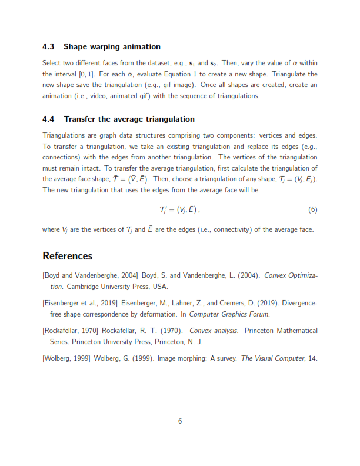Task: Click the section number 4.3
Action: pos(49,46)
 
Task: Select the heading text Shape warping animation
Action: pos(112,46)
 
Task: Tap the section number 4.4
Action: pos(49,119)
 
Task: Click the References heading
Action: pos(67,256)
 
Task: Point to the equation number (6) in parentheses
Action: pos(312,210)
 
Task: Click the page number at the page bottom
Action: pos(180,421)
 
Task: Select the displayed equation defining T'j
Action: pos(180,210)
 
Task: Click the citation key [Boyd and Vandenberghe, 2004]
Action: pos(90,275)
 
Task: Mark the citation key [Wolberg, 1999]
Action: pos(66,358)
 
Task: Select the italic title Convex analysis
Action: pos(214,331)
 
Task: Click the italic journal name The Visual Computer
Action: pos(273,358)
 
